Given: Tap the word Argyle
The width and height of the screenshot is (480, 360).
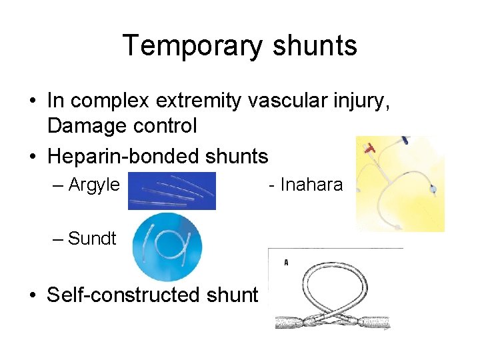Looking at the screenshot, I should (94, 185).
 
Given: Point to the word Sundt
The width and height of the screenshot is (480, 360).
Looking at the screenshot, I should (92, 238).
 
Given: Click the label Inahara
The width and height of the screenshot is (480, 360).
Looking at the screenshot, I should (311, 185).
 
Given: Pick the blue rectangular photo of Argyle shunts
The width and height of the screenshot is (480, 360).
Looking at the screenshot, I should (172, 191).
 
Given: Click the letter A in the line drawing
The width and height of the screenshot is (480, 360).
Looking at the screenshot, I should (286, 263).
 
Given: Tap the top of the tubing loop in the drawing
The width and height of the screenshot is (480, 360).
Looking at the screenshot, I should (334, 263).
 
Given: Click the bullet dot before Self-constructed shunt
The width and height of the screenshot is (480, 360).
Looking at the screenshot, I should (32, 295).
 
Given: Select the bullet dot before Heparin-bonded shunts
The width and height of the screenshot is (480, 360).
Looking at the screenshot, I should (32, 157).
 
